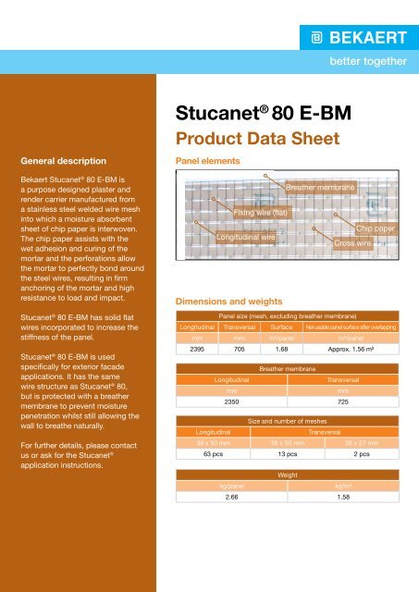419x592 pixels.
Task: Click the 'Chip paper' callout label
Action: (376, 228)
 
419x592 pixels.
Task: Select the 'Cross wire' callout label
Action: (352, 242)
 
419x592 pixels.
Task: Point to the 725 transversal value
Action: (342, 402)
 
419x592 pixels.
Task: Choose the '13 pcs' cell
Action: (276, 454)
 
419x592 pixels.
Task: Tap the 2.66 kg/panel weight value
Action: (225, 497)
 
